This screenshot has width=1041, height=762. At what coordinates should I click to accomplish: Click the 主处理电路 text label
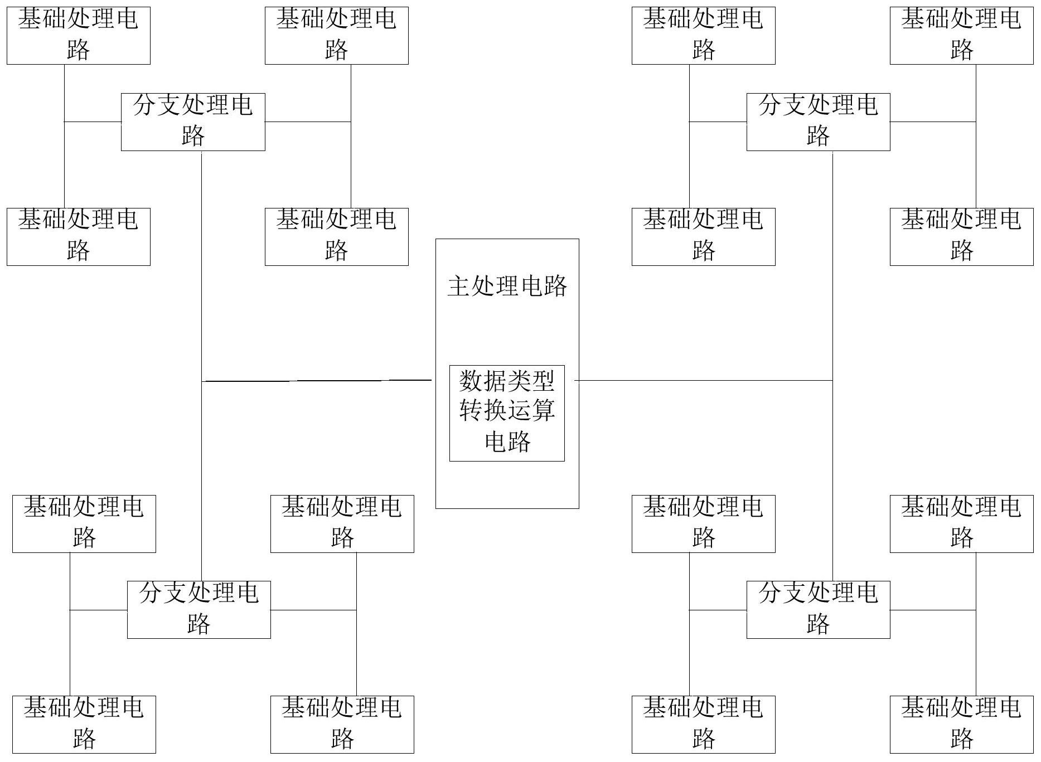click(x=507, y=287)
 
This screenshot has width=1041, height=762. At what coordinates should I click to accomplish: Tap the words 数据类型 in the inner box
click(x=507, y=381)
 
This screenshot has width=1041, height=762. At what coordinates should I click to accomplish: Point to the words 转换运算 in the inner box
click(x=507, y=411)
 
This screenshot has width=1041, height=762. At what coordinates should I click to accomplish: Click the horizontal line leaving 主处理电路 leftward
click(x=318, y=381)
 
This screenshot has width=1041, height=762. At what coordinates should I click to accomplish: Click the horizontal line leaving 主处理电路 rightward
click(x=703, y=381)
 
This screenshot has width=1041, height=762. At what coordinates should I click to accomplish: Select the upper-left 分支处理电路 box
click(x=193, y=122)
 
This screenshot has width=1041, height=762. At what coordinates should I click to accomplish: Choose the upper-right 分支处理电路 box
click(x=818, y=122)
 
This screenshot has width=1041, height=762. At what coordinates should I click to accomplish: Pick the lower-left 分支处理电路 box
click(x=198, y=609)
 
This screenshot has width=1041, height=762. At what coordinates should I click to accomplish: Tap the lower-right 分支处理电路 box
click(x=818, y=609)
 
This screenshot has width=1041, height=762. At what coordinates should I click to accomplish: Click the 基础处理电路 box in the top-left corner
click(x=79, y=35)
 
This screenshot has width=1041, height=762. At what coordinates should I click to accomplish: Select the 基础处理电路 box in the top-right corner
click(x=961, y=35)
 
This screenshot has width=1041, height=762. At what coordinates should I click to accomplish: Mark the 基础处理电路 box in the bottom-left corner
click(x=84, y=724)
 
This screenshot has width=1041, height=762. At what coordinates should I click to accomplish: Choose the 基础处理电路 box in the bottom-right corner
click(x=961, y=724)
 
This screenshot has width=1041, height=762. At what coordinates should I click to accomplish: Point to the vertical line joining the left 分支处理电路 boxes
click(x=201, y=279)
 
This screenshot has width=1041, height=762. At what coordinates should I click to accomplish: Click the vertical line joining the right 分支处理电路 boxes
click(x=832, y=279)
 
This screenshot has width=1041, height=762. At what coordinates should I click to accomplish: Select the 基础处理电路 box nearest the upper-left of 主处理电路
click(x=336, y=236)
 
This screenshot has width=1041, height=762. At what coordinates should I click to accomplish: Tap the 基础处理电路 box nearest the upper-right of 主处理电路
click(x=703, y=236)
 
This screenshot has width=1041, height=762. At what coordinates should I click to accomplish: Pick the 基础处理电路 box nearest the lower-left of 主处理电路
click(x=342, y=523)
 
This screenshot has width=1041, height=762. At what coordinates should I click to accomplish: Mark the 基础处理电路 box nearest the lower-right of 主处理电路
click(x=703, y=523)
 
